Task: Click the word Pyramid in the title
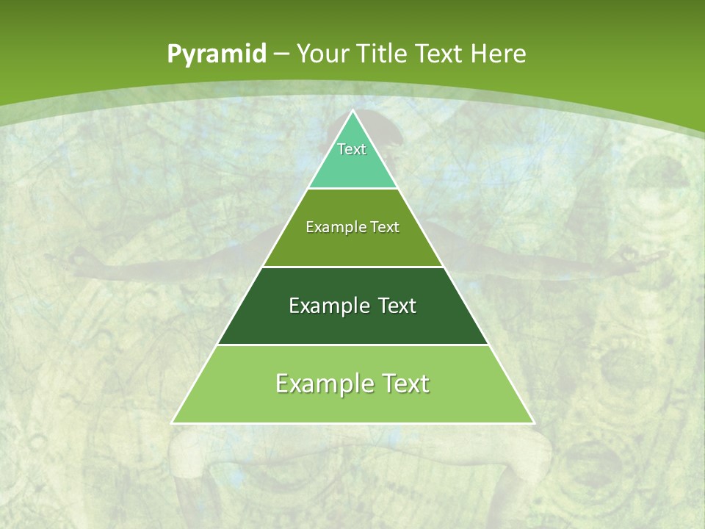coord(216,54)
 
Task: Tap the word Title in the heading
coord(386,54)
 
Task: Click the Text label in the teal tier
coord(352,149)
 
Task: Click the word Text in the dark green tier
coord(397,306)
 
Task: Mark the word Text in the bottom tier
coord(404,384)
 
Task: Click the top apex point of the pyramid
coord(352,111)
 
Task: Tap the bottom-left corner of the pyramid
coord(173,422)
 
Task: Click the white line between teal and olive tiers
coord(352,188)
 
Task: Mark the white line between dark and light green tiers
coord(352,345)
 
